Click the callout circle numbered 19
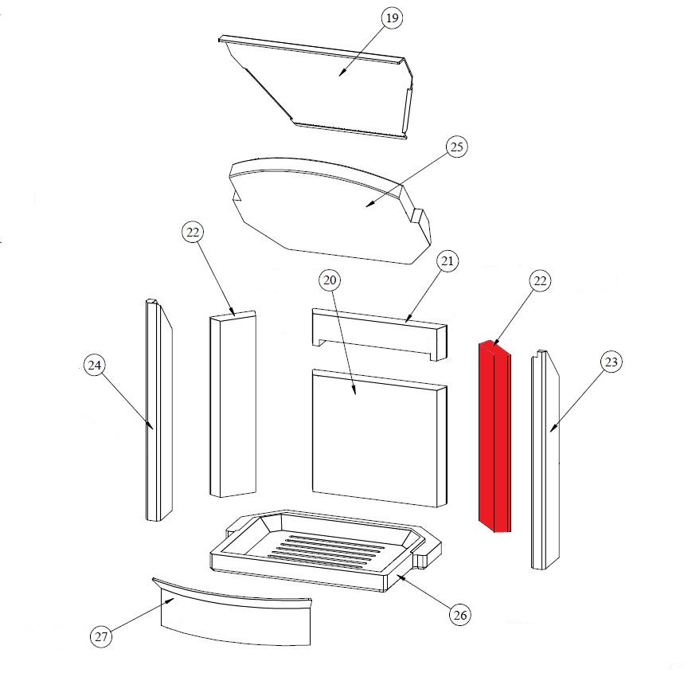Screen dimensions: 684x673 [x=393, y=18]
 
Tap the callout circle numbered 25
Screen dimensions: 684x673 [x=456, y=147]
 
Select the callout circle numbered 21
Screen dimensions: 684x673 [x=448, y=261]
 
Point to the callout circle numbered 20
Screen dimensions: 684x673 [x=330, y=280]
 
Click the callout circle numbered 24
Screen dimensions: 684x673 [x=95, y=366]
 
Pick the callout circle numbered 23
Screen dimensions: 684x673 [x=612, y=362]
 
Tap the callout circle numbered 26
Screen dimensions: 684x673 [x=460, y=615]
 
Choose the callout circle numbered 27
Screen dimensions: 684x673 [x=101, y=637]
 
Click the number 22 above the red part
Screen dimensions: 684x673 [x=540, y=281]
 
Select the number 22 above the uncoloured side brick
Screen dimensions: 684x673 [x=193, y=233]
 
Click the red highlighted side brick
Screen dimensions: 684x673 [x=494, y=436]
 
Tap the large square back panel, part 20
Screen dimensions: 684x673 [x=380, y=438]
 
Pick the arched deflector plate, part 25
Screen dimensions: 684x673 [x=330, y=209]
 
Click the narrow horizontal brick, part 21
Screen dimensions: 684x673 [x=380, y=334]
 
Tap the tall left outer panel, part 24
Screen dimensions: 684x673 [x=158, y=410]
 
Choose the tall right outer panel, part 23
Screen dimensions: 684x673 [x=545, y=460]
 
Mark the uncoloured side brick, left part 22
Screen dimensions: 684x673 [x=233, y=404]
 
